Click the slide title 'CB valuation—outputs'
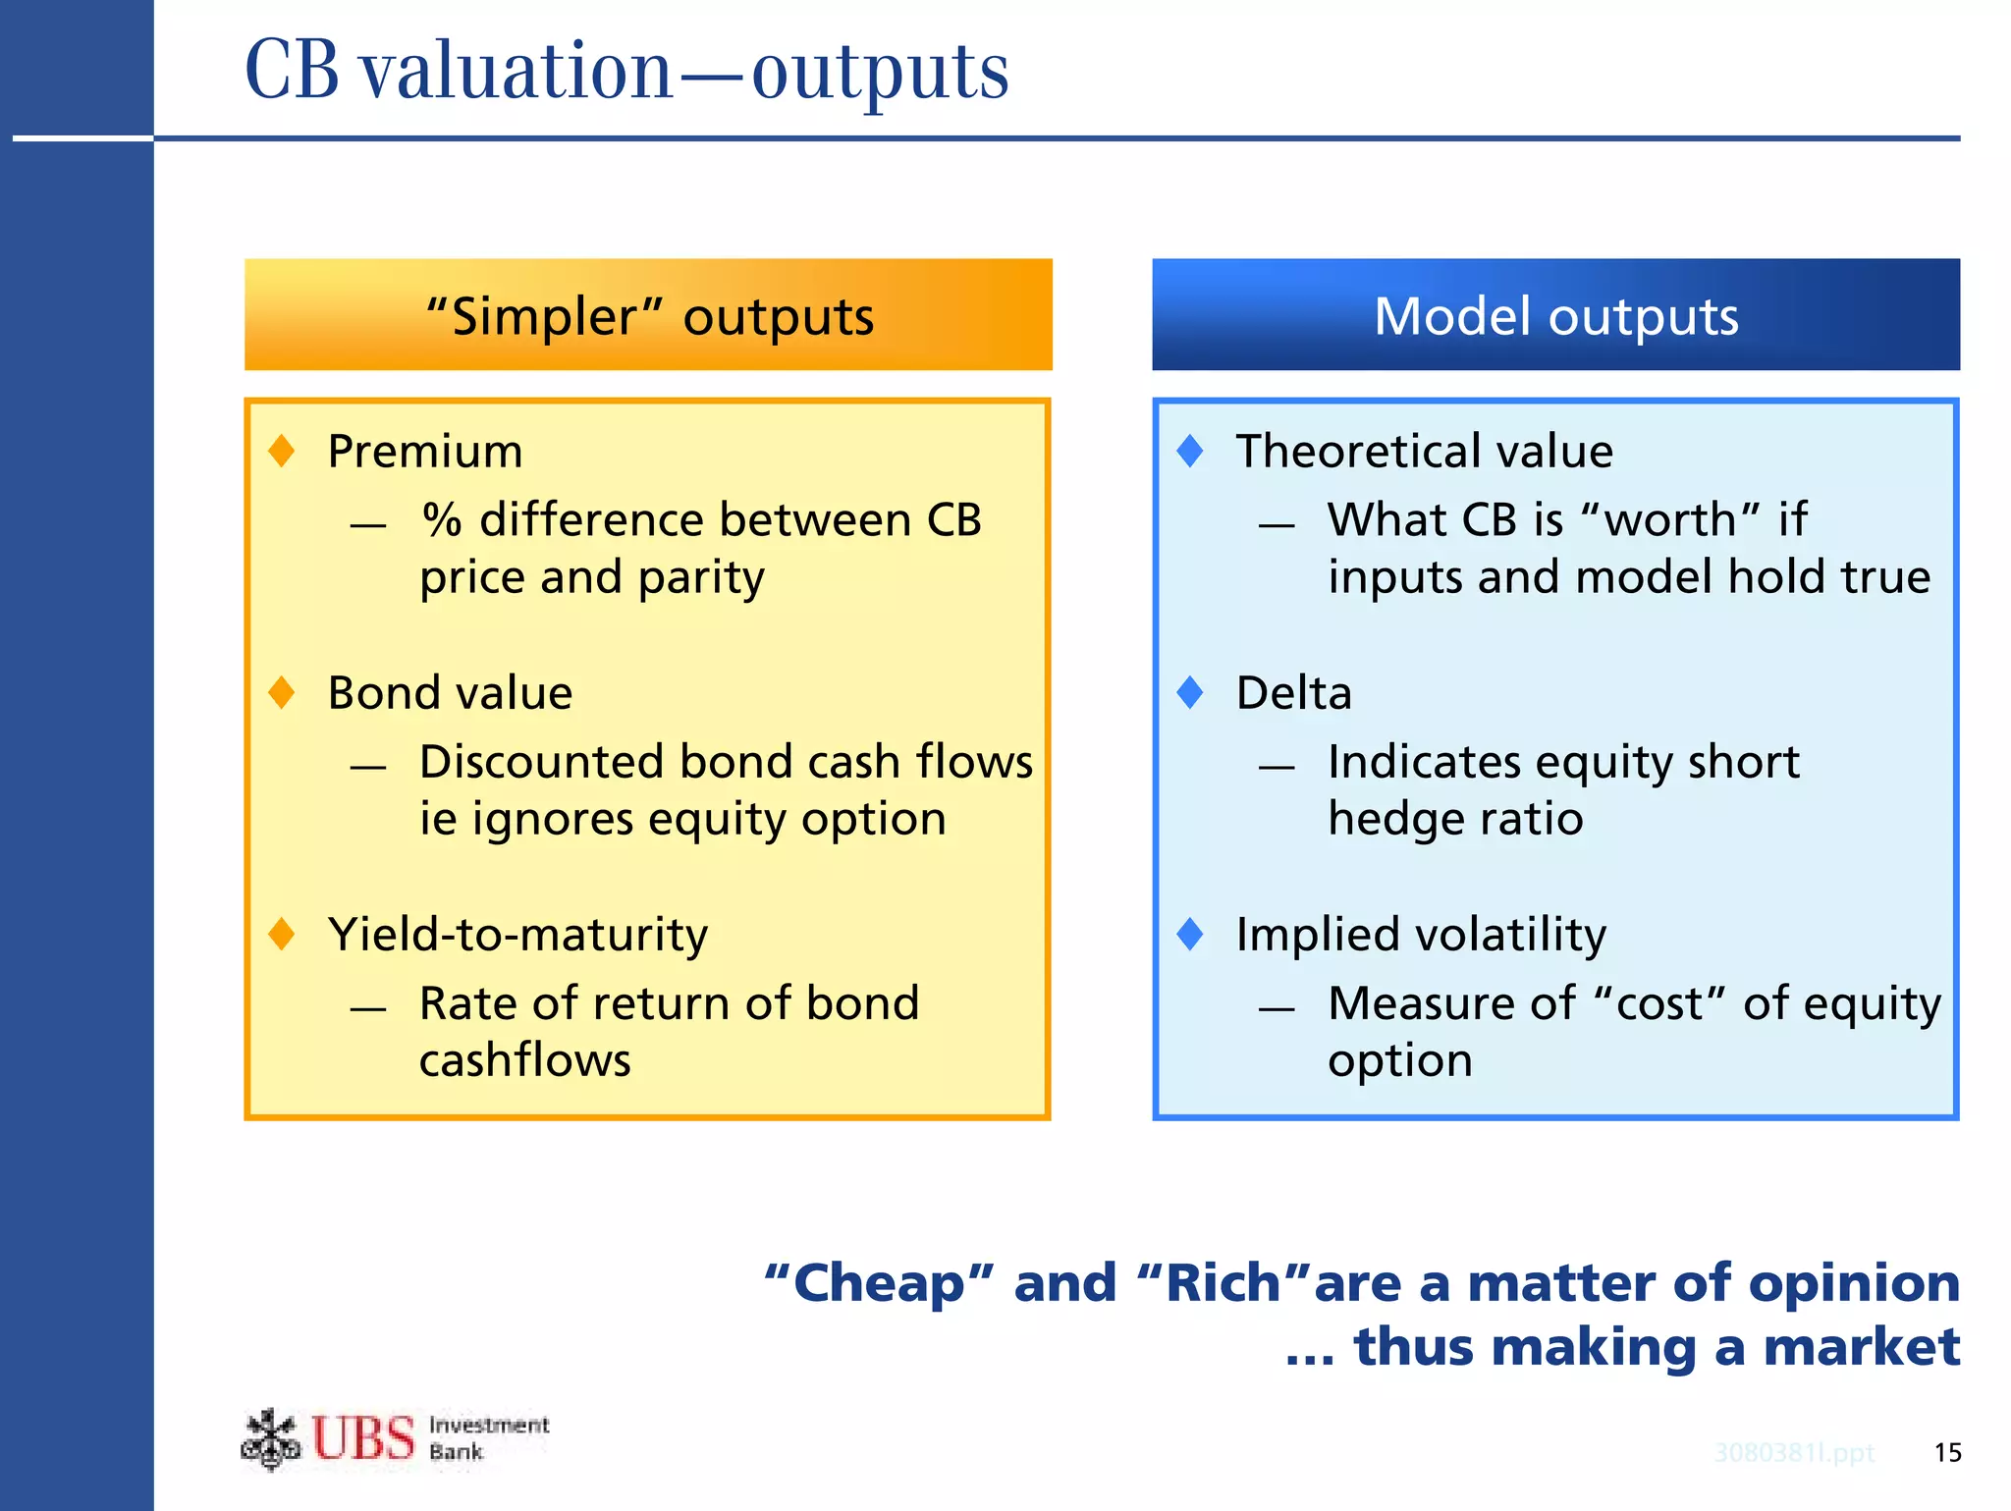[x=626, y=71]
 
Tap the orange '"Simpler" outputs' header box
[x=648, y=315]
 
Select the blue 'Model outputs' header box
[x=1555, y=315]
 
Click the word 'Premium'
[x=425, y=452]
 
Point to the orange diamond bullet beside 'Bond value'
[x=282, y=692]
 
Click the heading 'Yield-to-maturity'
[x=517, y=935]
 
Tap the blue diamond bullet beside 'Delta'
[x=1190, y=692]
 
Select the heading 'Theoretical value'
[x=1424, y=452]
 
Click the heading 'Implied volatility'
[x=1421, y=935]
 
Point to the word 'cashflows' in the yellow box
[x=525, y=1060]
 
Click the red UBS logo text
[x=363, y=1439]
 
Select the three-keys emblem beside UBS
[x=270, y=1439]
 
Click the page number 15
[x=1947, y=1452]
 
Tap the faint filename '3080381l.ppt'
[x=1794, y=1452]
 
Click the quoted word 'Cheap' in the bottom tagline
[x=879, y=1283]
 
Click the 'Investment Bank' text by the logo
[x=488, y=1437]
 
